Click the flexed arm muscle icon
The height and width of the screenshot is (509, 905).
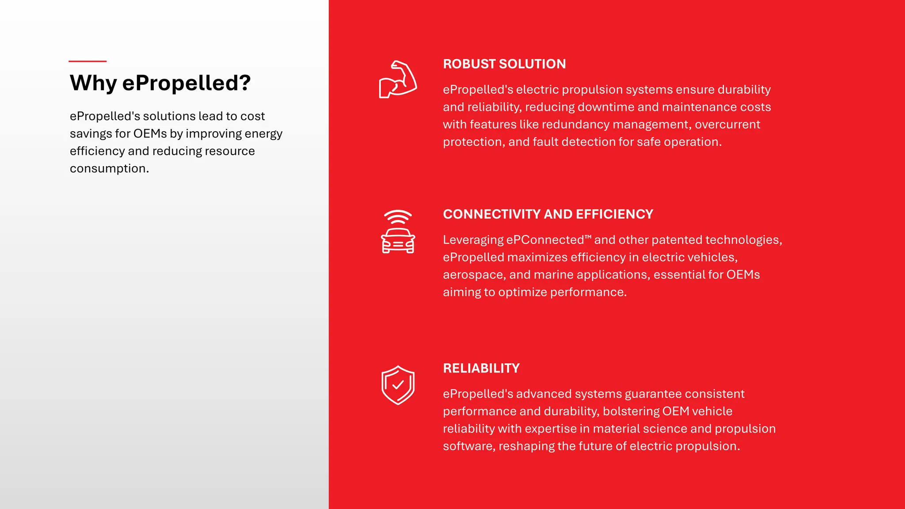coord(398,80)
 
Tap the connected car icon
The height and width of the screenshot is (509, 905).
coord(398,239)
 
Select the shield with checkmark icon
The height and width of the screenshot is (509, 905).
coord(398,385)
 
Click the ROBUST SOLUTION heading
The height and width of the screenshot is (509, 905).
coord(504,64)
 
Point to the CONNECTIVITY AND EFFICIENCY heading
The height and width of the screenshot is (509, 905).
coord(548,214)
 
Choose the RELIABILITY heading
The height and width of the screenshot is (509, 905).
coord(481,368)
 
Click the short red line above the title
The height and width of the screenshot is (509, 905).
coord(87,61)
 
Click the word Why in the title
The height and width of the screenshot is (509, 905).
coord(93,83)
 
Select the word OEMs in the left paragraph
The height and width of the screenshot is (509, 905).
coord(150,134)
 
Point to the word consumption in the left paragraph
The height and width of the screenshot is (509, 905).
coord(108,169)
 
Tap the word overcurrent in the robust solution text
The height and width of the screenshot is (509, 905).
coord(727,125)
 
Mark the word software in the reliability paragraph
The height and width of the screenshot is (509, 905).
coord(468,446)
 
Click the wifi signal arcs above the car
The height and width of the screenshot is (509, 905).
coord(398,216)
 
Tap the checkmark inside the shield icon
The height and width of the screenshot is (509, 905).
coord(398,385)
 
